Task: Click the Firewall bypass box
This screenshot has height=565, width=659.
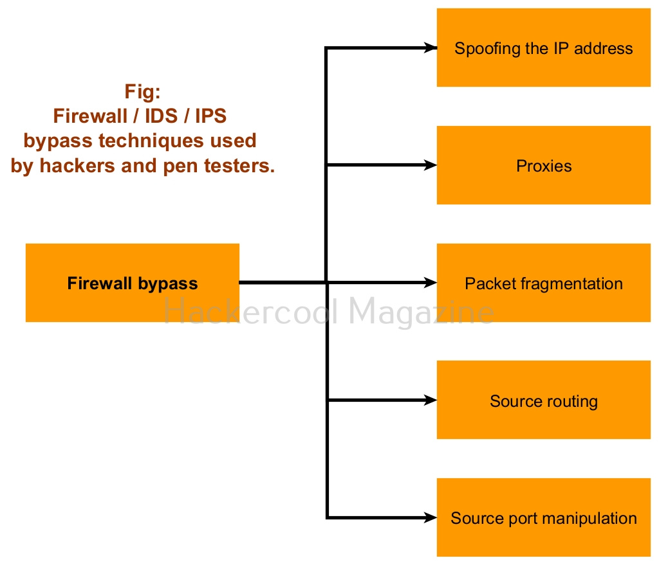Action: (x=133, y=283)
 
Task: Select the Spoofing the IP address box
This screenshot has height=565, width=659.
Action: (x=543, y=48)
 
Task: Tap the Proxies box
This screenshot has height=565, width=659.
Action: (x=543, y=165)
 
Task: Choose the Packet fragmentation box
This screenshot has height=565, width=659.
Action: (x=543, y=283)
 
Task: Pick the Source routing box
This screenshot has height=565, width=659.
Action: (x=543, y=400)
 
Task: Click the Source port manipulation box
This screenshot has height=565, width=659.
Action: (x=543, y=517)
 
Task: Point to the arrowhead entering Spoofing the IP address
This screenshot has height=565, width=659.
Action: (x=431, y=48)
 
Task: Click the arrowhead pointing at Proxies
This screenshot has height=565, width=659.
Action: (x=431, y=165)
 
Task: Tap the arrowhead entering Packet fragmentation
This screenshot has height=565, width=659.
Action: (x=431, y=283)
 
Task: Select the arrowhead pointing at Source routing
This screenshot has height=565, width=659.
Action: (x=431, y=400)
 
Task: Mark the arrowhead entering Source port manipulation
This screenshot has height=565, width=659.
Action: (x=431, y=517)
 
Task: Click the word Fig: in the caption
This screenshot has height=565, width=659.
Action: (x=142, y=91)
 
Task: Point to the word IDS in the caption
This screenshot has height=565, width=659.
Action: (x=162, y=116)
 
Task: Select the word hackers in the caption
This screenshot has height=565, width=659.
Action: (x=77, y=166)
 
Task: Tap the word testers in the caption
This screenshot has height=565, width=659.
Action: (x=239, y=166)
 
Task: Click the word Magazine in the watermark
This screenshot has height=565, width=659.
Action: (x=421, y=312)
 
